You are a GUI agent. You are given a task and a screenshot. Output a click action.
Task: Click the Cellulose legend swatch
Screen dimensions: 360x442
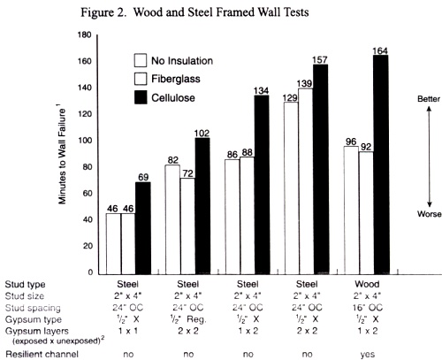point(140,92)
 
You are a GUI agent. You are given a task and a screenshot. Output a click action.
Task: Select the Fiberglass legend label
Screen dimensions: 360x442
point(176,77)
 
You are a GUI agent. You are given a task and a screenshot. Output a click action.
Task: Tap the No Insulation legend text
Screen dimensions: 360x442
point(181,61)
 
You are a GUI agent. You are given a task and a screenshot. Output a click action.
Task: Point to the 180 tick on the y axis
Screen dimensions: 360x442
point(87,35)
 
